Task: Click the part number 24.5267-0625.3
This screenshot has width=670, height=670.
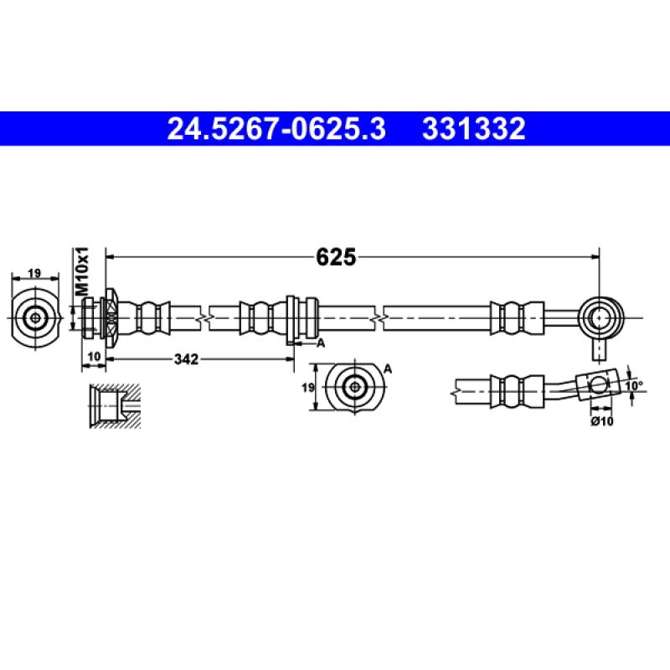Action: pyautogui.click(x=276, y=129)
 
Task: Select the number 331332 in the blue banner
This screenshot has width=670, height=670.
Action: pyautogui.click(x=473, y=129)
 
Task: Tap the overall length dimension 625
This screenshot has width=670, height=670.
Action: pyautogui.click(x=336, y=257)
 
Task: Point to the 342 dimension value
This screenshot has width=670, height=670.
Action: pyautogui.click(x=186, y=359)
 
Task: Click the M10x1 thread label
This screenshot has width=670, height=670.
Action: pyautogui.click(x=81, y=271)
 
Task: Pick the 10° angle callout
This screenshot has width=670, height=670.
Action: pyautogui.click(x=634, y=386)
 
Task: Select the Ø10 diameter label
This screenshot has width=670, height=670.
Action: pyautogui.click(x=602, y=421)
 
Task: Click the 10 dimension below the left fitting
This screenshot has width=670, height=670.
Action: pyautogui.click(x=94, y=357)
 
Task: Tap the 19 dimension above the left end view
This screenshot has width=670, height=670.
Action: pyautogui.click(x=34, y=273)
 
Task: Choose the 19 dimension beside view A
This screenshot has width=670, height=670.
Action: pyautogui.click(x=308, y=388)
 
